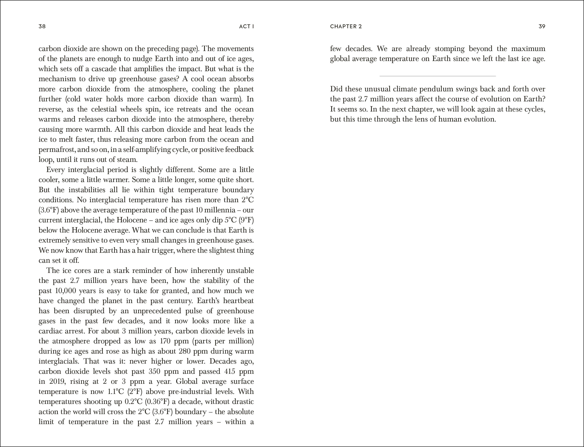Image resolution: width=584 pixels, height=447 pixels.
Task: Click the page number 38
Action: click(x=42, y=26)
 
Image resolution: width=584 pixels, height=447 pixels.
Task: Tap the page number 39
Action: click(x=542, y=26)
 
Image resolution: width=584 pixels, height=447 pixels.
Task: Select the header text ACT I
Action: click(x=247, y=26)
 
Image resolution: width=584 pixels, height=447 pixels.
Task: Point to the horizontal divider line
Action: click(x=438, y=76)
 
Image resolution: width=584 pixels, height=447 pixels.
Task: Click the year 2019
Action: click(x=57, y=381)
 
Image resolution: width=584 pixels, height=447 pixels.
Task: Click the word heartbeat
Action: click(x=238, y=301)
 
